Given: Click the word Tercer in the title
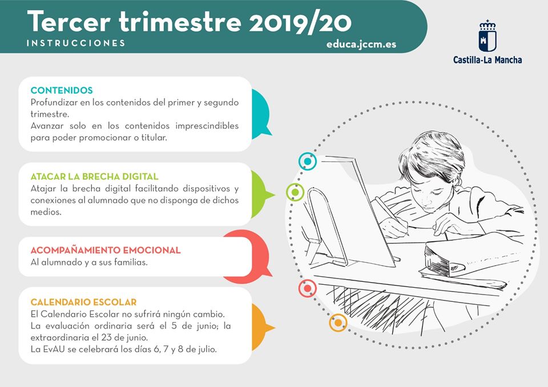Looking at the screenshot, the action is (69, 22).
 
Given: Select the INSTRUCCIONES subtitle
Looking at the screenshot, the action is (76, 43).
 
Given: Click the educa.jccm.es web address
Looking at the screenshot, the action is (361, 45).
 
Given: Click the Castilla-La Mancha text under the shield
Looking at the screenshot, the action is (487, 60).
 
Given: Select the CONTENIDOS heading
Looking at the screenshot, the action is (62, 90).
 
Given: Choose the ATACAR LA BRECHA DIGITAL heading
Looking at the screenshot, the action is (94, 176).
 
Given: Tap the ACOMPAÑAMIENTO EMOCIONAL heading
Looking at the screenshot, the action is (106, 251).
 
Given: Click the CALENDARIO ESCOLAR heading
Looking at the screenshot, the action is (83, 302).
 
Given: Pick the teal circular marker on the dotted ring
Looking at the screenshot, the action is (308, 162).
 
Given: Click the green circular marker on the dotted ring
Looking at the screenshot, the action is (295, 192).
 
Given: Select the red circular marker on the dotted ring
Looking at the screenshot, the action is (308, 288).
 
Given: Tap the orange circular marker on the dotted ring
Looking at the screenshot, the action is (338, 322).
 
